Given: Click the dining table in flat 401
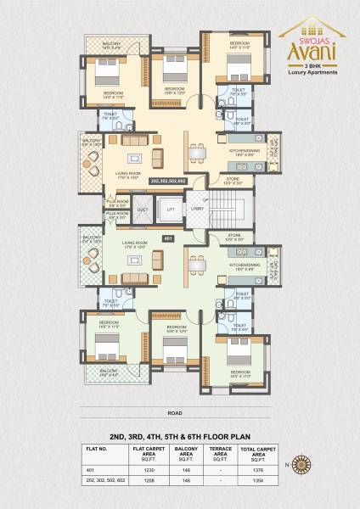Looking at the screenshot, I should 199,265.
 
